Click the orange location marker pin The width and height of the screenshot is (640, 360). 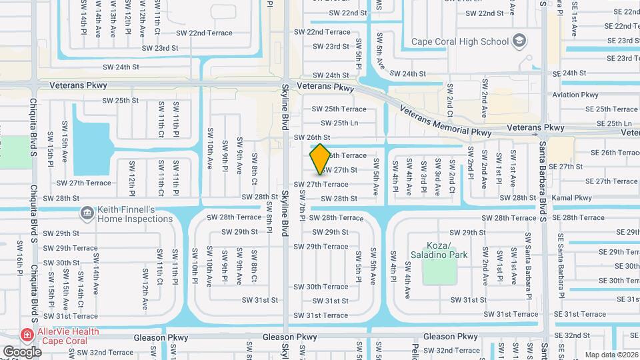pos(320,159)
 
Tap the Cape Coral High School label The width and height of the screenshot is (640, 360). pos(460,41)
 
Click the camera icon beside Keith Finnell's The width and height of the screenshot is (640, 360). pos(87,213)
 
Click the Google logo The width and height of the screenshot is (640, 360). pos(22,351)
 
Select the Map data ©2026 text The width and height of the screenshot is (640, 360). pos(611,355)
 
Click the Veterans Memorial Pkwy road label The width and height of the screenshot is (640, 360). pos(445,121)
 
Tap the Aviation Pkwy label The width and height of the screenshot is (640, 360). pos(575,95)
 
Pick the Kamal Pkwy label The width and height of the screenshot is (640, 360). pos(572,198)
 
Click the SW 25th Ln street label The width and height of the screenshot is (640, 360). pos(339,123)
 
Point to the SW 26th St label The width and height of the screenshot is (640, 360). pos(321,137)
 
